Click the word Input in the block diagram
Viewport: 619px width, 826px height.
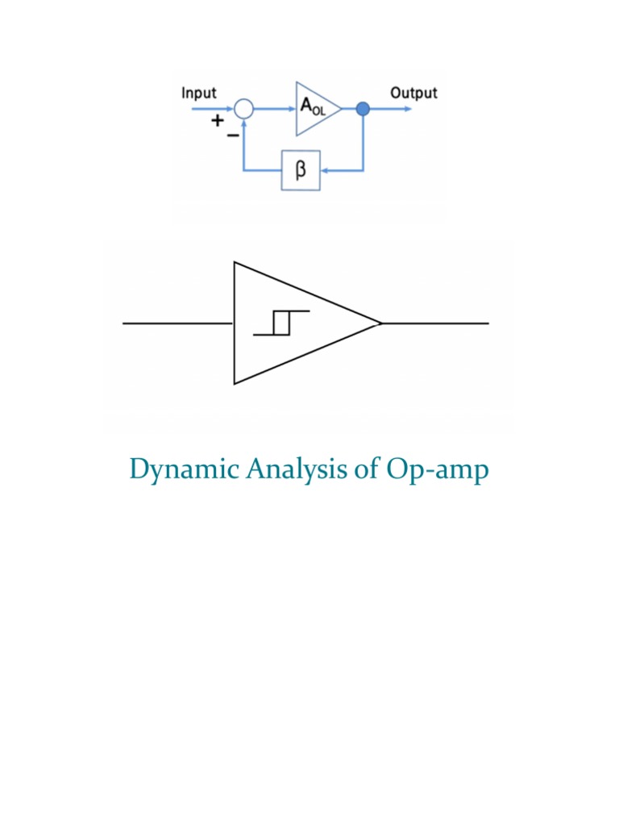click(198, 93)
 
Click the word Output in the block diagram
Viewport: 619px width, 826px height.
click(413, 93)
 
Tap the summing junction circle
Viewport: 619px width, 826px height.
click(244, 109)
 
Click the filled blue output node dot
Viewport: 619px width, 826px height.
click(363, 109)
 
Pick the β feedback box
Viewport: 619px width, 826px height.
click(301, 170)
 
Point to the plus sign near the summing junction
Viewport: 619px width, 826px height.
click(217, 121)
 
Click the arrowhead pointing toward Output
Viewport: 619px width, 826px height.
click(406, 109)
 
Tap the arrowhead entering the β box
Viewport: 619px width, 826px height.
click(326, 170)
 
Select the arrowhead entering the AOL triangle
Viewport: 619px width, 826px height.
click(292, 109)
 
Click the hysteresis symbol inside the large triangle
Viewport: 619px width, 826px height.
click(280, 322)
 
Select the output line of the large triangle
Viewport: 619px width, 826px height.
click(435, 323)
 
